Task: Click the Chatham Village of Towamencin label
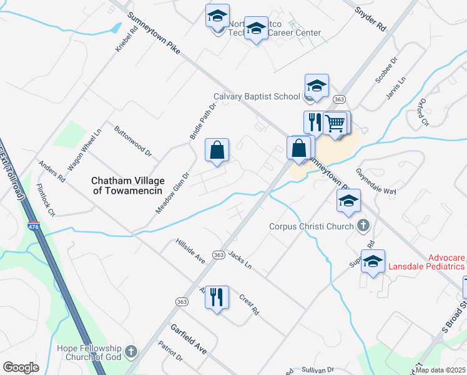(x=128, y=186)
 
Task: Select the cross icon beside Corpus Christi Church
(x=363, y=226)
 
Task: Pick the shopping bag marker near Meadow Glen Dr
(x=217, y=151)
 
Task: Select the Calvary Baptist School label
(x=257, y=97)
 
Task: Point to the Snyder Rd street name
(x=371, y=19)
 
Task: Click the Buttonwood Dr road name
(x=133, y=141)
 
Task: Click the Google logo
(x=21, y=367)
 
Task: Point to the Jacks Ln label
(x=240, y=260)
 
